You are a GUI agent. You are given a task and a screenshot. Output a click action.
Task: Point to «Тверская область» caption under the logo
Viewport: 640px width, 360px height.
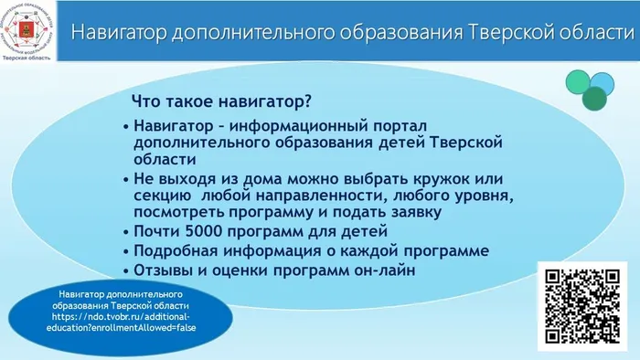click(x=28, y=56)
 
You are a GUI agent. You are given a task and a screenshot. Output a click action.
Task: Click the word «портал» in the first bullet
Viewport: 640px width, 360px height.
click(x=399, y=125)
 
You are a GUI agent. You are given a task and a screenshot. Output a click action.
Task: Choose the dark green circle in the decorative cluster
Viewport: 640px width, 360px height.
click(x=595, y=99)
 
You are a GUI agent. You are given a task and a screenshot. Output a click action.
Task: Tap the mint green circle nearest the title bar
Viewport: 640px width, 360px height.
click(x=578, y=81)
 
